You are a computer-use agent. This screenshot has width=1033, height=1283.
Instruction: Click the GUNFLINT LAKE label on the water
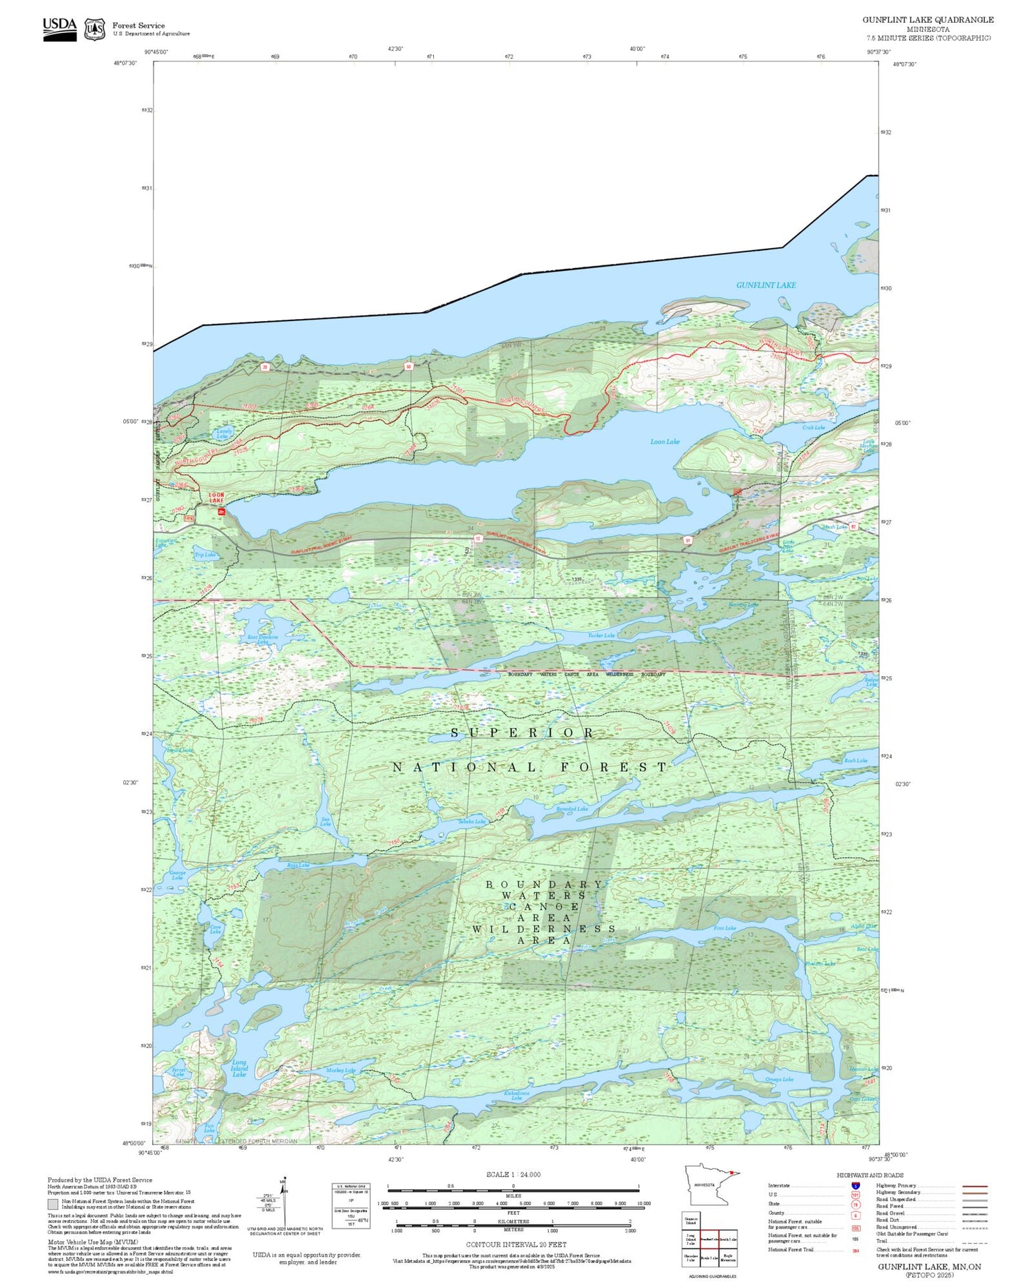pos(766,285)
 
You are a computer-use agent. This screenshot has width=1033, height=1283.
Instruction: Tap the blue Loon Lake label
pos(665,442)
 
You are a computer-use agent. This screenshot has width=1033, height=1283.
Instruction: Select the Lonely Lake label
pos(222,433)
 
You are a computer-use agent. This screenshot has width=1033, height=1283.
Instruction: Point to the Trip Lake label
pos(205,555)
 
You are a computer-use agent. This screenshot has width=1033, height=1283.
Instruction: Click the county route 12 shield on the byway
pos(477,539)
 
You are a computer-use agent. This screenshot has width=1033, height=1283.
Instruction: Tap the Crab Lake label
pos(813,427)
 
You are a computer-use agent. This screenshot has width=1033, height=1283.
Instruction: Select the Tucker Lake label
pos(601,635)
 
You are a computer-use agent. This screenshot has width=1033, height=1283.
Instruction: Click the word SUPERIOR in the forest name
pos(522,733)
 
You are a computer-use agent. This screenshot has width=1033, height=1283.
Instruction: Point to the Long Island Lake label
pos(239,1068)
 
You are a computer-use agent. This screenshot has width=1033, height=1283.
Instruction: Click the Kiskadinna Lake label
pos(516,1095)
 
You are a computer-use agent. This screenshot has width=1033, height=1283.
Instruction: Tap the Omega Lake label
pos(779,1079)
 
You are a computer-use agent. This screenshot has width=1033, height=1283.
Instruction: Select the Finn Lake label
pos(724,928)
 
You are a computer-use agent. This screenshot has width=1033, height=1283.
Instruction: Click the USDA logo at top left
pos(60,28)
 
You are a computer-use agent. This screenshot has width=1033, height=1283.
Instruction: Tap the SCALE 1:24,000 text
pos(513,1174)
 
